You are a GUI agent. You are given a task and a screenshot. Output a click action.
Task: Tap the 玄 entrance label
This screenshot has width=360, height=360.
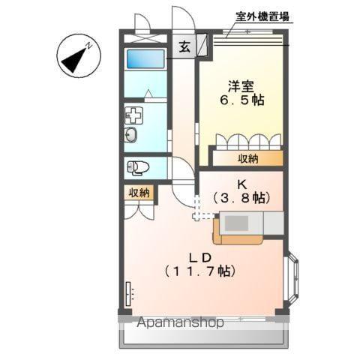click(x=184, y=46)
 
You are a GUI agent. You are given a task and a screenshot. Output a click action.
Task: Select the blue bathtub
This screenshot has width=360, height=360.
click(x=145, y=59)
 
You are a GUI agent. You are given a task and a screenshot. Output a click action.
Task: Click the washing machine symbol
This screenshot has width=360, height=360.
click(x=134, y=115)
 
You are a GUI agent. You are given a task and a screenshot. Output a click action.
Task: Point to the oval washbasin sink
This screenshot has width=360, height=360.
click(x=131, y=136)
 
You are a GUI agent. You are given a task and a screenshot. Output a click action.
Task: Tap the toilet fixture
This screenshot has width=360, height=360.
click(x=139, y=166)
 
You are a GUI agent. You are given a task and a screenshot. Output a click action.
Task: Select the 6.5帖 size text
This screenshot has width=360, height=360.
click(x=241, y=99)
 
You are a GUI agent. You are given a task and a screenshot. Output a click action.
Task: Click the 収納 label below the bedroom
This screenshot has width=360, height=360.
click(x=249, y=158)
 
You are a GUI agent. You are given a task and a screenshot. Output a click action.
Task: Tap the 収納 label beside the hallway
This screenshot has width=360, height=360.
click(x=139, y=193)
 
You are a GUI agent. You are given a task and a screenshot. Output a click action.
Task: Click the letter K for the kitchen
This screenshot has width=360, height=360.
click(x=241, y=184)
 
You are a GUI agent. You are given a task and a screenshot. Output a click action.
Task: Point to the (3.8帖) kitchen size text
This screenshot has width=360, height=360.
click(x=241, y=198)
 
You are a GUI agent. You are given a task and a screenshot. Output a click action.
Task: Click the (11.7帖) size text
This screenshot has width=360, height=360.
click(x=203, y=271)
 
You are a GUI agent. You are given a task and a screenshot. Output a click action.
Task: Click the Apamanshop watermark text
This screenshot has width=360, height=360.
click(x=181, y=323)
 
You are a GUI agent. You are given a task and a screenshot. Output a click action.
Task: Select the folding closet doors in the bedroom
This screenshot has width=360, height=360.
click(x=248, y=142)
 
